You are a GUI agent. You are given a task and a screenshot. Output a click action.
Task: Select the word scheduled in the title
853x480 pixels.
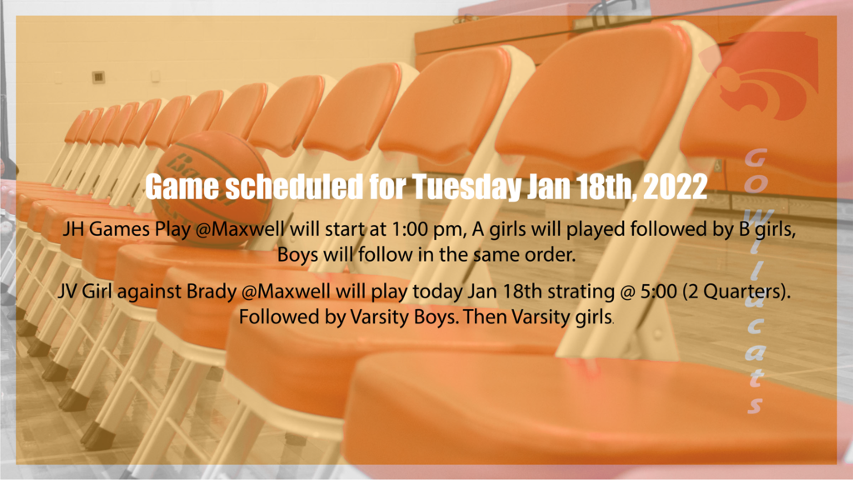(294, 187)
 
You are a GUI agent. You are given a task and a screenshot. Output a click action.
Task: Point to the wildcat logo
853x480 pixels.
(761, 75)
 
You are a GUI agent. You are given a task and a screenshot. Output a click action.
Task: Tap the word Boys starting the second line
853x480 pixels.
(297, 255)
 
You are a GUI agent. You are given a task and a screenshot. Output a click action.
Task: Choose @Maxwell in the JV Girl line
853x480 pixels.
(286, 292)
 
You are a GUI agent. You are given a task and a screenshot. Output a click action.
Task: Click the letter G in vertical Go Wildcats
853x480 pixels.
(756, 157)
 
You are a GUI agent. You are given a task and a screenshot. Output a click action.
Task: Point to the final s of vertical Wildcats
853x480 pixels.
(756, 404)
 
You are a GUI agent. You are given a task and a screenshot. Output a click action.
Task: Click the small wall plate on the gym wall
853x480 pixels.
(98, 77)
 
